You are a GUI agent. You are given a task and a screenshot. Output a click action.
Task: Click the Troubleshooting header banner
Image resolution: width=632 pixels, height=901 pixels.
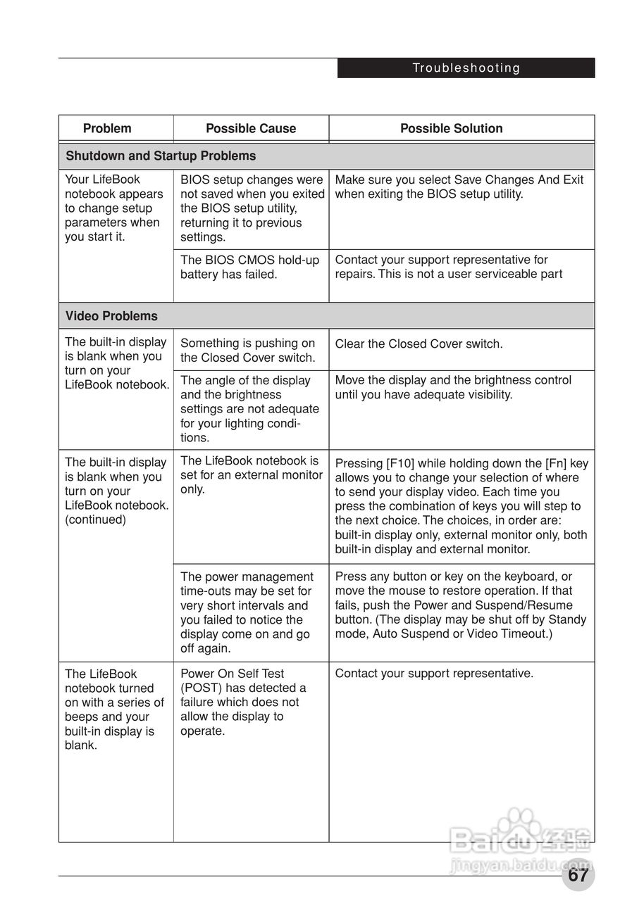pos(466,68)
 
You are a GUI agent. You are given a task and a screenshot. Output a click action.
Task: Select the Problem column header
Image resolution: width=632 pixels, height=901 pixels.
pos(107,128)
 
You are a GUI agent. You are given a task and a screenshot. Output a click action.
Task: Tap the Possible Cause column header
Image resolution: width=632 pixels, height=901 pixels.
pos(251,128)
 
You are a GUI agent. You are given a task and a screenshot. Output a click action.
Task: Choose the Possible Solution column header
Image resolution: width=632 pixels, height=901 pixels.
pos(451,128)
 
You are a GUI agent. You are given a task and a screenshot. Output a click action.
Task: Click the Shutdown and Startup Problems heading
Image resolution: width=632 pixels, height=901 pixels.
pos(161,156)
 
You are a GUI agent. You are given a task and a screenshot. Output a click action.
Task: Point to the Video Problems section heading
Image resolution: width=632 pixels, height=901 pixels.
pos(111,316)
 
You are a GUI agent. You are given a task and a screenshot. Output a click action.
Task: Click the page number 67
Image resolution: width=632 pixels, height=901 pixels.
pos(578,876)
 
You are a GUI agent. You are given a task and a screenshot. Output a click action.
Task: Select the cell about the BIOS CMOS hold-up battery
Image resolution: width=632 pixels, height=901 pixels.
pos(250,267)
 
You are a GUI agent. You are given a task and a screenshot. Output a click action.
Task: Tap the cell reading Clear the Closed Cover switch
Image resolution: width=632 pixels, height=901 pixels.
pos(419,344)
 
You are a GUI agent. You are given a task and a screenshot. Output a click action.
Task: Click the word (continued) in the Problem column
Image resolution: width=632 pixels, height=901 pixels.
pos(95,520)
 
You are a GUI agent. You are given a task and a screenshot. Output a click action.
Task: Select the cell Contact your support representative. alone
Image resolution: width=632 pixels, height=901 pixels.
pos(434,674)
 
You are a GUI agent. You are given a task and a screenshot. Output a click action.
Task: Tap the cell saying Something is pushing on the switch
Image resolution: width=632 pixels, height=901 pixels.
pos(248,351)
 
